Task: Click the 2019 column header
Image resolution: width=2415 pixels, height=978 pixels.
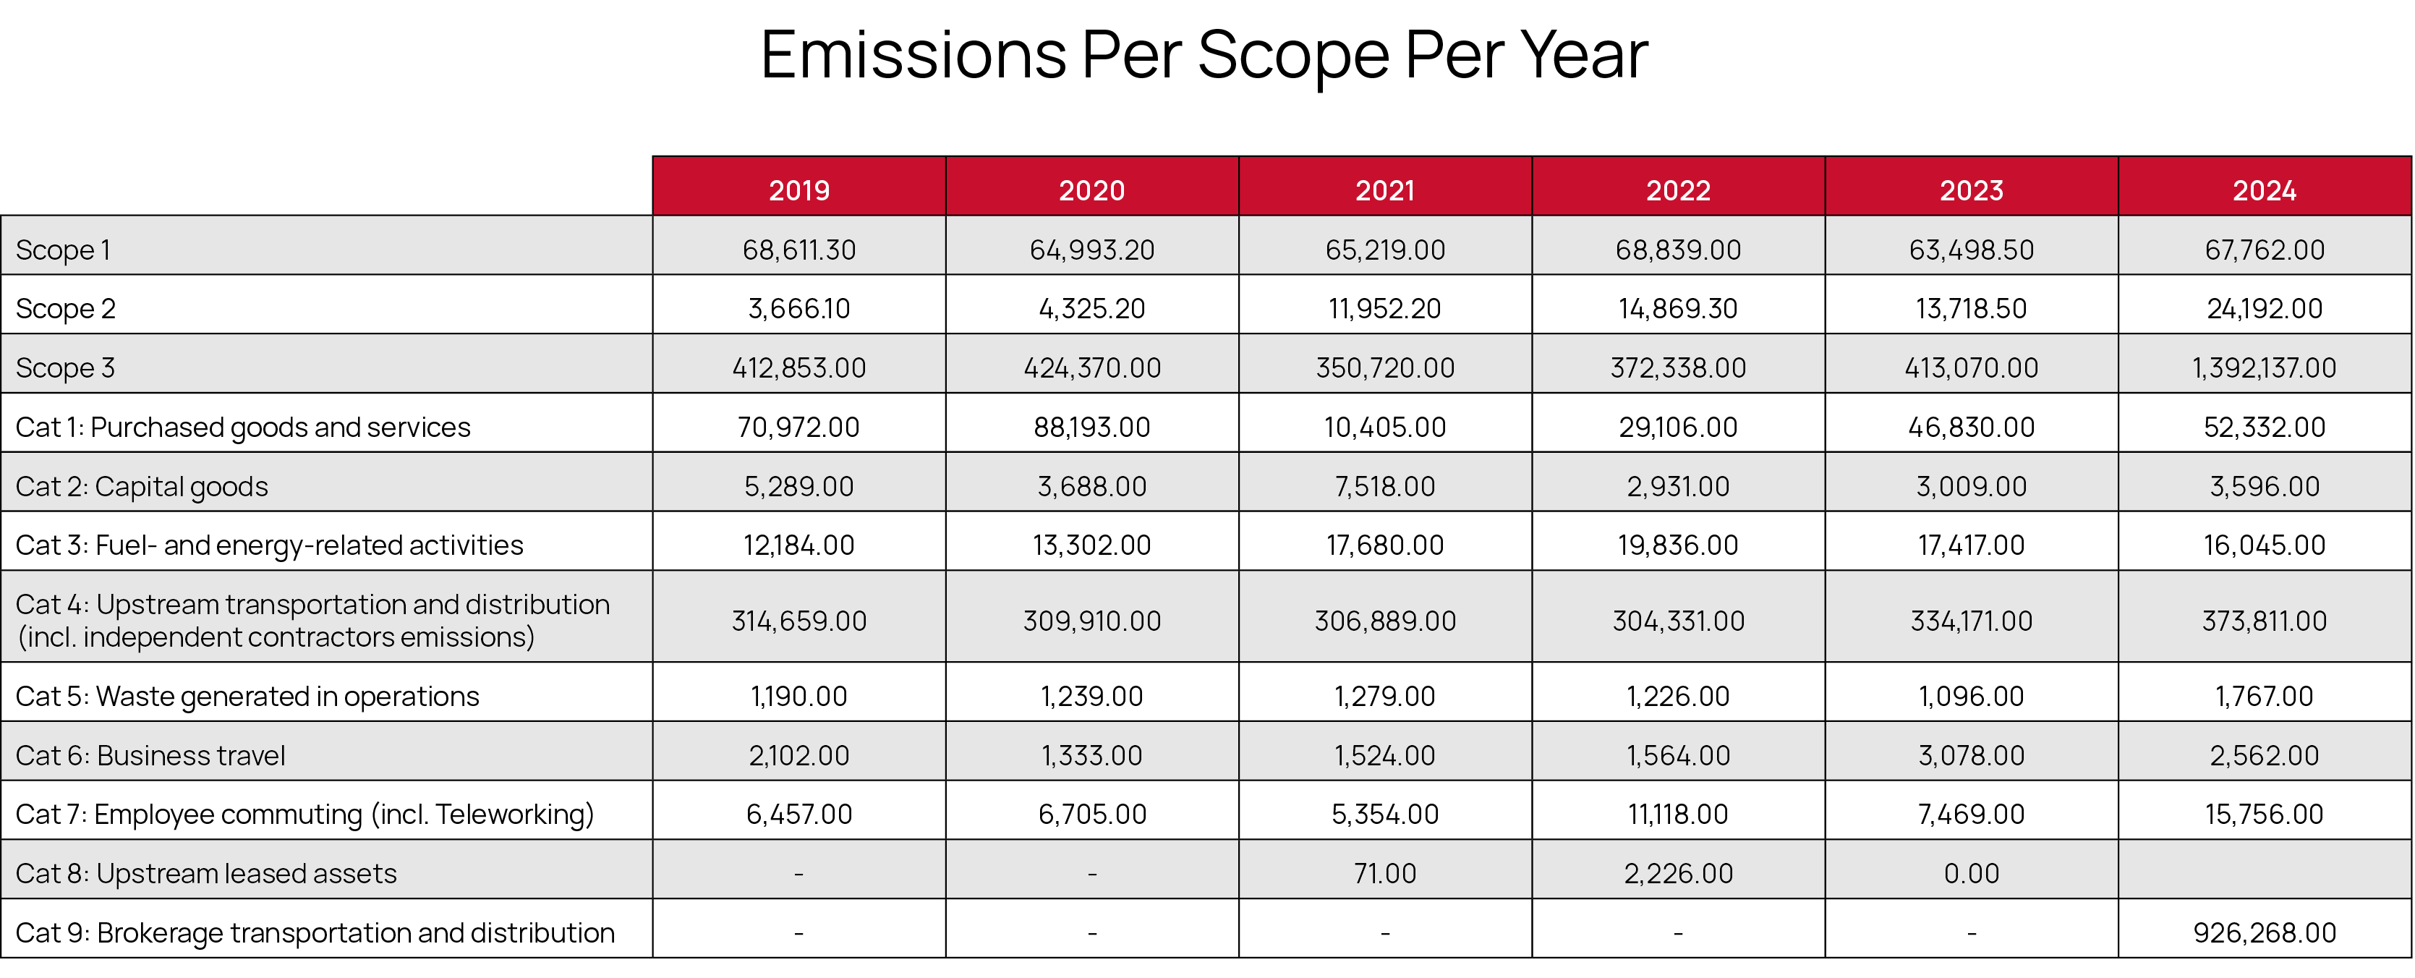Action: [798, 190]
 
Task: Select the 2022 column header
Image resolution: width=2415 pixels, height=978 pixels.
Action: [1678, 190]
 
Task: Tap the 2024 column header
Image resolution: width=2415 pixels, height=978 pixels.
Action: [2264, 190]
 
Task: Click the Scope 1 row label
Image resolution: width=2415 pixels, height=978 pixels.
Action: [63, 250]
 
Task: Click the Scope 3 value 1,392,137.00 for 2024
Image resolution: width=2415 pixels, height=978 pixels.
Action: [2264, 367]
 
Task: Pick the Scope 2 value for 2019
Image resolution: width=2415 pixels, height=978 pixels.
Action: [798, 308]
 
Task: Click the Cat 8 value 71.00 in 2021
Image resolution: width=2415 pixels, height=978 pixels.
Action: [1384, 874]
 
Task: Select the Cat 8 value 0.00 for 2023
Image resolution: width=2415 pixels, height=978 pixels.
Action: [1971, 874]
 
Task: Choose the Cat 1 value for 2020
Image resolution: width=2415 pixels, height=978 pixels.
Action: [1091, 428]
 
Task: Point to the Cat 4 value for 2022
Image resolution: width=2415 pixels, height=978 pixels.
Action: [1678, 621]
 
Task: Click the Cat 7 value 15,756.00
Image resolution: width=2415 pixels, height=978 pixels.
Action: [2264, 814]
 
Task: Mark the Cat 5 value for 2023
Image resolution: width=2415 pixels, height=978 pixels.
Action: [1971, 697]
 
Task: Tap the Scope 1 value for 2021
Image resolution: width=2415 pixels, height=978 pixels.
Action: [1384, 250]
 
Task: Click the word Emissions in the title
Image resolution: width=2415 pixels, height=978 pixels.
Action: [913, 54]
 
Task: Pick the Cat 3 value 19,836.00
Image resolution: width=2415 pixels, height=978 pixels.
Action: [1678, 545]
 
